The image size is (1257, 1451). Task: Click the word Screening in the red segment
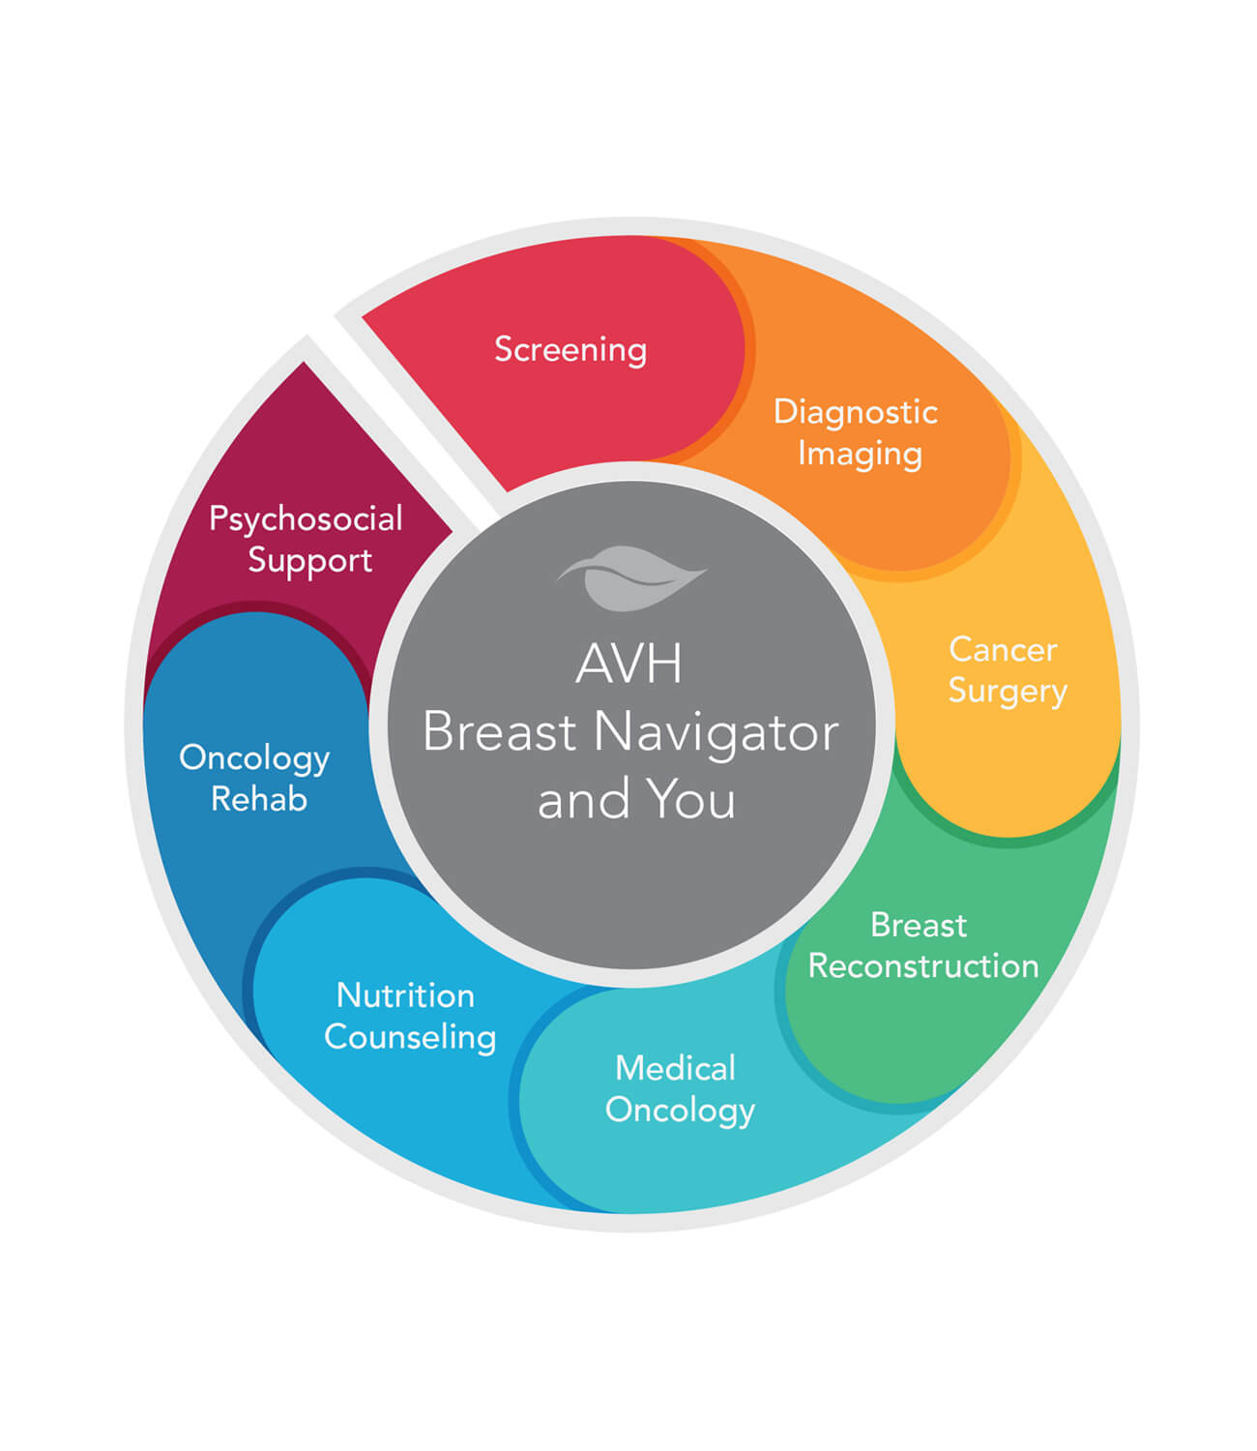coord(570,349)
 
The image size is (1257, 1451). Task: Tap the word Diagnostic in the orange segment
coord(855,412)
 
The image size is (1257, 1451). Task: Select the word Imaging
coord(860,454)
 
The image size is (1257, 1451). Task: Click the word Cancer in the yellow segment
coord(1003,649)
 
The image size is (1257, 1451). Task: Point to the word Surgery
coord(1008,692)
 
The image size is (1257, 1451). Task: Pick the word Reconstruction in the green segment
coord(923,965)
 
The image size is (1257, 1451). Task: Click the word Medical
coord(676,1068)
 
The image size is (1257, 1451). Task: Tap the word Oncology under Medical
coord(680,1110)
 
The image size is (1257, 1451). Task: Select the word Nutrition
coord(405,995)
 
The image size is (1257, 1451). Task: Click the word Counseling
coord(410,1037)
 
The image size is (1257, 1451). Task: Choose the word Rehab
coord(259,799)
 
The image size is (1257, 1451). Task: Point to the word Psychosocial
coord(306,519)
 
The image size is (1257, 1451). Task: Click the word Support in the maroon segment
coord(309,561)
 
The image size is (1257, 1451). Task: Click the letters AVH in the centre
coord(629,664)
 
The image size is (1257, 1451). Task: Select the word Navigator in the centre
coord(716,732)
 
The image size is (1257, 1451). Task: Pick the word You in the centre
coord(690,800)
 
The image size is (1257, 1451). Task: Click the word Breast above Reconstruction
coord(918,925)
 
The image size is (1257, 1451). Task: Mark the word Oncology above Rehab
coord(254,758)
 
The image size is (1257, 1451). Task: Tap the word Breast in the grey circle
coord(500,732)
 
